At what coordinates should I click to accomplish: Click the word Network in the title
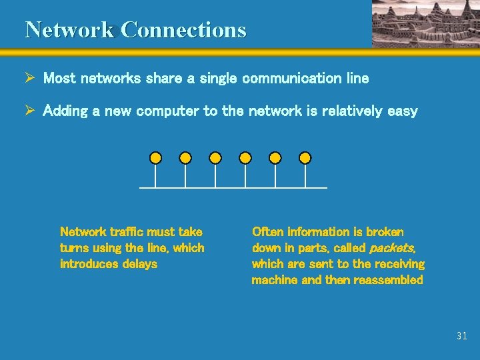click(x=70, y=30)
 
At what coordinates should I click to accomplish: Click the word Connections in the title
click(x=184, y=30)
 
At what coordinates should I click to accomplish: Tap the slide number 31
click(x=462, y=336)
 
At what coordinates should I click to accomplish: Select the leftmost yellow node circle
click(x=155, y=158)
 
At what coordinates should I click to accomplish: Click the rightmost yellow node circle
click(x=305, y=158)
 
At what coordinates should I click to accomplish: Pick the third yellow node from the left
click(x=215, y=158)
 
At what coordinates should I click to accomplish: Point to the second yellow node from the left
click(x=185, y=158)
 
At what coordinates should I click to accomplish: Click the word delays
click(x=140, y=264)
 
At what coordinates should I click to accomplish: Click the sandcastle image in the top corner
click(x=425, y=23)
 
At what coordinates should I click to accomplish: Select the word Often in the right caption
click(x=267, y=232)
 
